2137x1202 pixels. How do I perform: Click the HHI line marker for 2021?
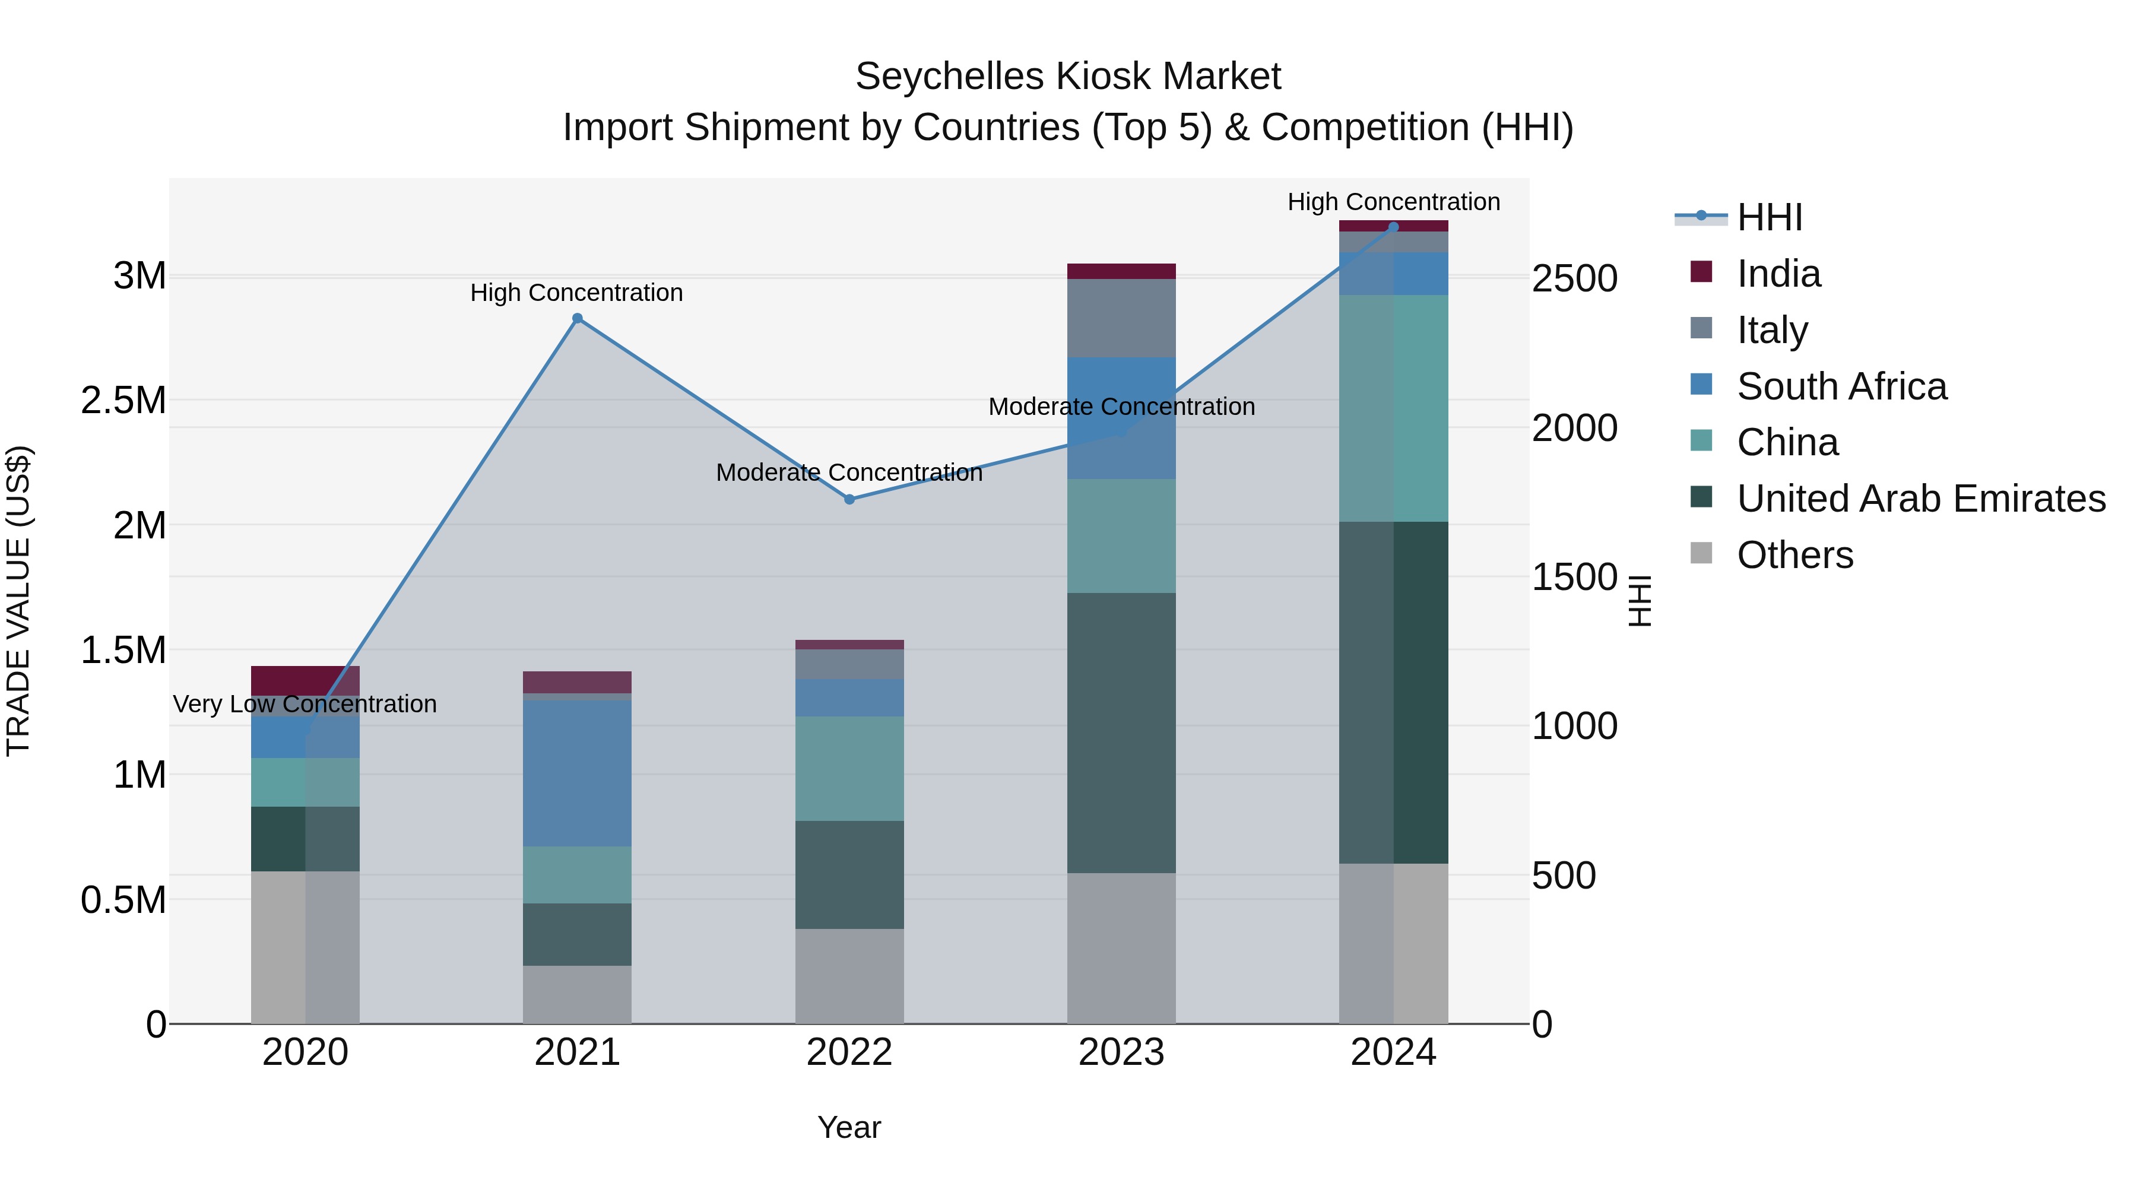click(x=578, y=319)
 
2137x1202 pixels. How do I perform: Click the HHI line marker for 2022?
click(x=849, y=499)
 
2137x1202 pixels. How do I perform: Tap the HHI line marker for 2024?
click(x=1394, y=227)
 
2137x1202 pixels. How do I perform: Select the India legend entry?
click(x=1778, y=274)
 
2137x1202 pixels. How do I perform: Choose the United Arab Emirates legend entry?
click(x=1920, y=499)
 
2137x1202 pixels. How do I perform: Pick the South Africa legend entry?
click(x=1841, y=386)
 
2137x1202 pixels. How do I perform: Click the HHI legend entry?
click(x=1769, y=217)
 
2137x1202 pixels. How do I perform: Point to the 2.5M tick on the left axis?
click(x=123, y=401)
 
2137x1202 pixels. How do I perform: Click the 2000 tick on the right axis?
click(x=1574, y=428)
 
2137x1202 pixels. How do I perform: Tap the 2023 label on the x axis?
click(x=1121, y=1052)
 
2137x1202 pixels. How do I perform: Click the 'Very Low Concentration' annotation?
click(x=305, y=704)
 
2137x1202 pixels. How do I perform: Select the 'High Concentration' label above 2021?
click(x=576, y=293)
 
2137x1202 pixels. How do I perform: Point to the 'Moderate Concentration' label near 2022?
click(x=849, y=473)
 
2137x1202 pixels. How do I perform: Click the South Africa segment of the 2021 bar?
click(x=578, y=773)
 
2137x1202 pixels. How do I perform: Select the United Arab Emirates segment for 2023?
click(x=1121, y=732)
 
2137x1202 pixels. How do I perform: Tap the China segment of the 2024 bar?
click(x=1394, y=408)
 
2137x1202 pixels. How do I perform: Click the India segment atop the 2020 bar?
click(x=305, y=680)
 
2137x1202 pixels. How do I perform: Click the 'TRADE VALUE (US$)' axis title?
click(x=18, y=601)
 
